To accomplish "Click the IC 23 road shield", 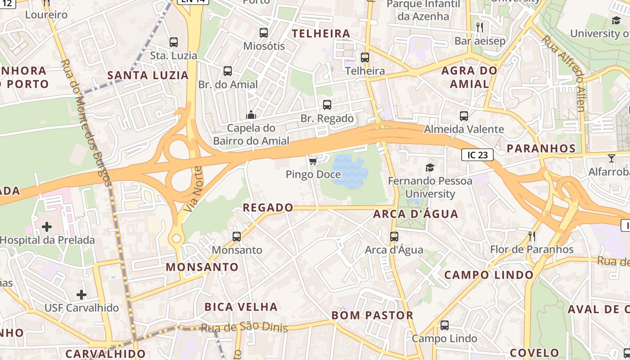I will [x=477, y=155].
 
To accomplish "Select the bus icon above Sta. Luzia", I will [x=174, y=42].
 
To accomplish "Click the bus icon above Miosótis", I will [x=264, y=32].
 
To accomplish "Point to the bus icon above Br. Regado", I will [x=327, y=105].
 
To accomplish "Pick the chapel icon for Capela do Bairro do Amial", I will [x=251, y=115].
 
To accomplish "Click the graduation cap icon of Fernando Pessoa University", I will [x=430, y=168].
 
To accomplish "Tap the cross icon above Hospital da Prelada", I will [x=47, y=226].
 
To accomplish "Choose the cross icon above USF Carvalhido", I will [x=81, y=295].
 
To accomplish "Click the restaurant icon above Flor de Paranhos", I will [x=532, y=236].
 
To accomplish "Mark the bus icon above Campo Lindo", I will [x=445, y=325].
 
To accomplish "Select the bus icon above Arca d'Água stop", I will [x=394, y=236].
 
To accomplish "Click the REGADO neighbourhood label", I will [x=268, y=207].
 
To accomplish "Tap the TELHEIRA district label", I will [x=321, y=34].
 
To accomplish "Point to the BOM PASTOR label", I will [x=372, y=315].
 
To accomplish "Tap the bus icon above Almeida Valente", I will [x=464, y=116].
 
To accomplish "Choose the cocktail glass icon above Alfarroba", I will [x=611, y=158].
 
